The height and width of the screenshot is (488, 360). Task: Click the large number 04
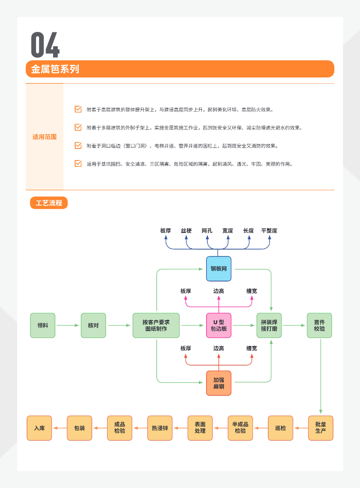(45, 45)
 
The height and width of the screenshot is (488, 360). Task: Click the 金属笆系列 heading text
(55, 69)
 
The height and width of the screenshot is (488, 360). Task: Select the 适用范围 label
(45, 137)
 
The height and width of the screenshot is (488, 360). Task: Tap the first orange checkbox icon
(78, 109)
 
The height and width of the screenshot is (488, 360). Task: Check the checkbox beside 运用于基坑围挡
(78, 164)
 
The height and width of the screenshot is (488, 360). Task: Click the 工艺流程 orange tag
(49, 203)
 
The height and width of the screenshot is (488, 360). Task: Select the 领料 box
(43, 325)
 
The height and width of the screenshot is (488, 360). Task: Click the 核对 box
(93, 325)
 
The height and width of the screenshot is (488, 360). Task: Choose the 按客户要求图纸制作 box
(156, 325)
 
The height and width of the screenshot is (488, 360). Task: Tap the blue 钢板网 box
(219, 269)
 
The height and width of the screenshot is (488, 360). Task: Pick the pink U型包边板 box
(219, 325)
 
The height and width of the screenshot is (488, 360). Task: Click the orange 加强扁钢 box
(219, 383)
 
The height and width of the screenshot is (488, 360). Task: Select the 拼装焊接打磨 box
(269, 325)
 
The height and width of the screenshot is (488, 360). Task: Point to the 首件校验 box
(319, 325)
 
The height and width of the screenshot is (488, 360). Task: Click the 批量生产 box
(321, 428)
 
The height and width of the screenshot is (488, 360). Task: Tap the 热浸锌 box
(160, 428)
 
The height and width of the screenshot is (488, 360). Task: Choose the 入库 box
(40, 428)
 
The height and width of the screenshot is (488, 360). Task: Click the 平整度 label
(269, 231)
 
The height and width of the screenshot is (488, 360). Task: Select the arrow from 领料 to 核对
(68, 325)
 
